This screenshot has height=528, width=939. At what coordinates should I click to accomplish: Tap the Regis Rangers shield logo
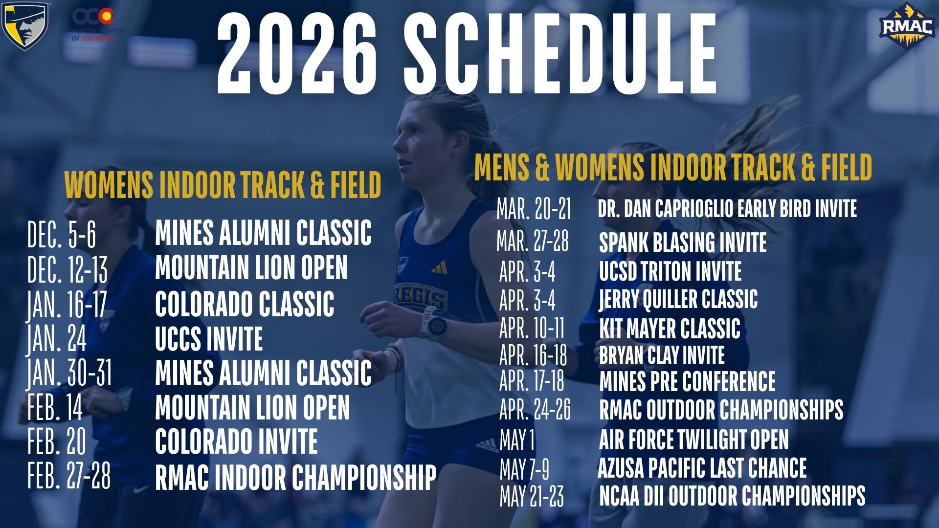point(25,25)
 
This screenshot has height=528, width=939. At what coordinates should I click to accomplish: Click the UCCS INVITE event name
point(209,339)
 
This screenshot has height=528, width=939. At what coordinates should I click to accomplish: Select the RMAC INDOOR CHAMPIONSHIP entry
point(295,477)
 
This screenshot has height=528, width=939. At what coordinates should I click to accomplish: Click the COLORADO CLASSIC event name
point(245,304)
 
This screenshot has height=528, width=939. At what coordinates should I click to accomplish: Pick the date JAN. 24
point(57,338)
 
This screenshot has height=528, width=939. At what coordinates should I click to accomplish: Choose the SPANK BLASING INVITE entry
point(683,242)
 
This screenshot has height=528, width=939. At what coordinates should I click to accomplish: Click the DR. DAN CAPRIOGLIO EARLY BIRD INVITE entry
point(727,208)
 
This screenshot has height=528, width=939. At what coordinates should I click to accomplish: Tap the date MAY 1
point(517,440)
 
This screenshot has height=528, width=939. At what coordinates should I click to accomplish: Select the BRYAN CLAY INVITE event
point(662,355)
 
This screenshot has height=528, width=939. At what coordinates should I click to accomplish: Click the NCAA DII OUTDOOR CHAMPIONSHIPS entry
point(732,496)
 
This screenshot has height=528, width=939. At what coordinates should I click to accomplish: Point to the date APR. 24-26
point(535,410)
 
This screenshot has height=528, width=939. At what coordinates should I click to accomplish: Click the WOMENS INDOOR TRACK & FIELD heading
point(223,185)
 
